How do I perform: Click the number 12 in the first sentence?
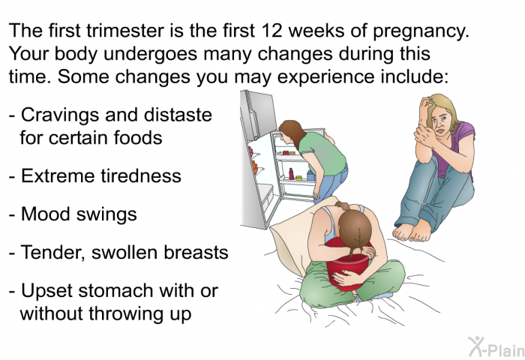coord(271,31)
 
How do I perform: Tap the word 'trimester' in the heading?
coord(125,31)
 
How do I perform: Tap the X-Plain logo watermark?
coord(496,347)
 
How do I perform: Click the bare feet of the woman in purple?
coord(412,231)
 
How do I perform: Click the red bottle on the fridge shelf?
coord(291,174)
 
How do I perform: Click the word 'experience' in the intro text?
coord(325,78)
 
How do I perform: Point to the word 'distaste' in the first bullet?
coord(178,115)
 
